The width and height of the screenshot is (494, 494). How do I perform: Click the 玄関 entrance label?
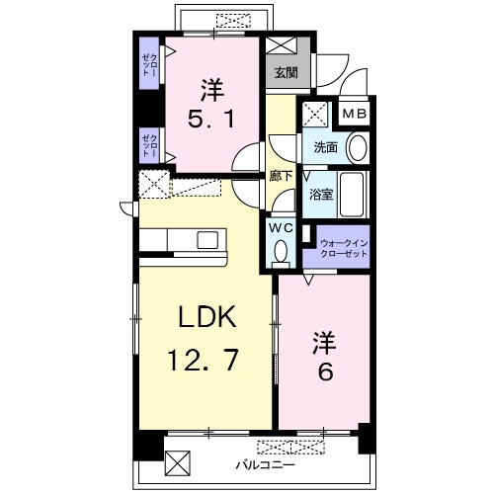[287, 72]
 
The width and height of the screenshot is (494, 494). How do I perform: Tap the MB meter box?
[355, 114]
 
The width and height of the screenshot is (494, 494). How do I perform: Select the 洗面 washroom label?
[325, 147]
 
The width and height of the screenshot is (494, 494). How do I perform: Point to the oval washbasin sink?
[358, 147]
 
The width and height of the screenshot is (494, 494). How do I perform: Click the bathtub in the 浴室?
[352, 194]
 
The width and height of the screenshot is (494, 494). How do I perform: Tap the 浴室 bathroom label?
[321, 195]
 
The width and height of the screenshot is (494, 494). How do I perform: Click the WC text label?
[281, 228]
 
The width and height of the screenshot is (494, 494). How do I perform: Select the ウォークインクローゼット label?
[344, 249]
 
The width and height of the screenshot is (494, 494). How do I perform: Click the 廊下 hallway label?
[281, 176]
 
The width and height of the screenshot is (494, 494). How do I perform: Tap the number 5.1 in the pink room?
[211, 119]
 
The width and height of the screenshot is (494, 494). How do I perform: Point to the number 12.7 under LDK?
[203, 361]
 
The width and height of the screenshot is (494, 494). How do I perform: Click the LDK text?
[207, 316]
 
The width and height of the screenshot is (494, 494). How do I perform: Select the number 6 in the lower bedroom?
[325, 372]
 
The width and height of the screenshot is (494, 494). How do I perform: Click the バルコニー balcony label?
[265, 465]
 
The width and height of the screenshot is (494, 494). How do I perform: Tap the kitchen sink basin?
[207, 240]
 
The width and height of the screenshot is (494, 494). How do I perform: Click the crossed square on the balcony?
[178, 463]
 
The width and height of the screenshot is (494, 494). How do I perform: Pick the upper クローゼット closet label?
[150, 64]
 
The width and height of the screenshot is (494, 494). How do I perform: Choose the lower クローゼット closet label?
[150, 146]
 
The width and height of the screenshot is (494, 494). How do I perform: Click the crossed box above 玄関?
[282, 45]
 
